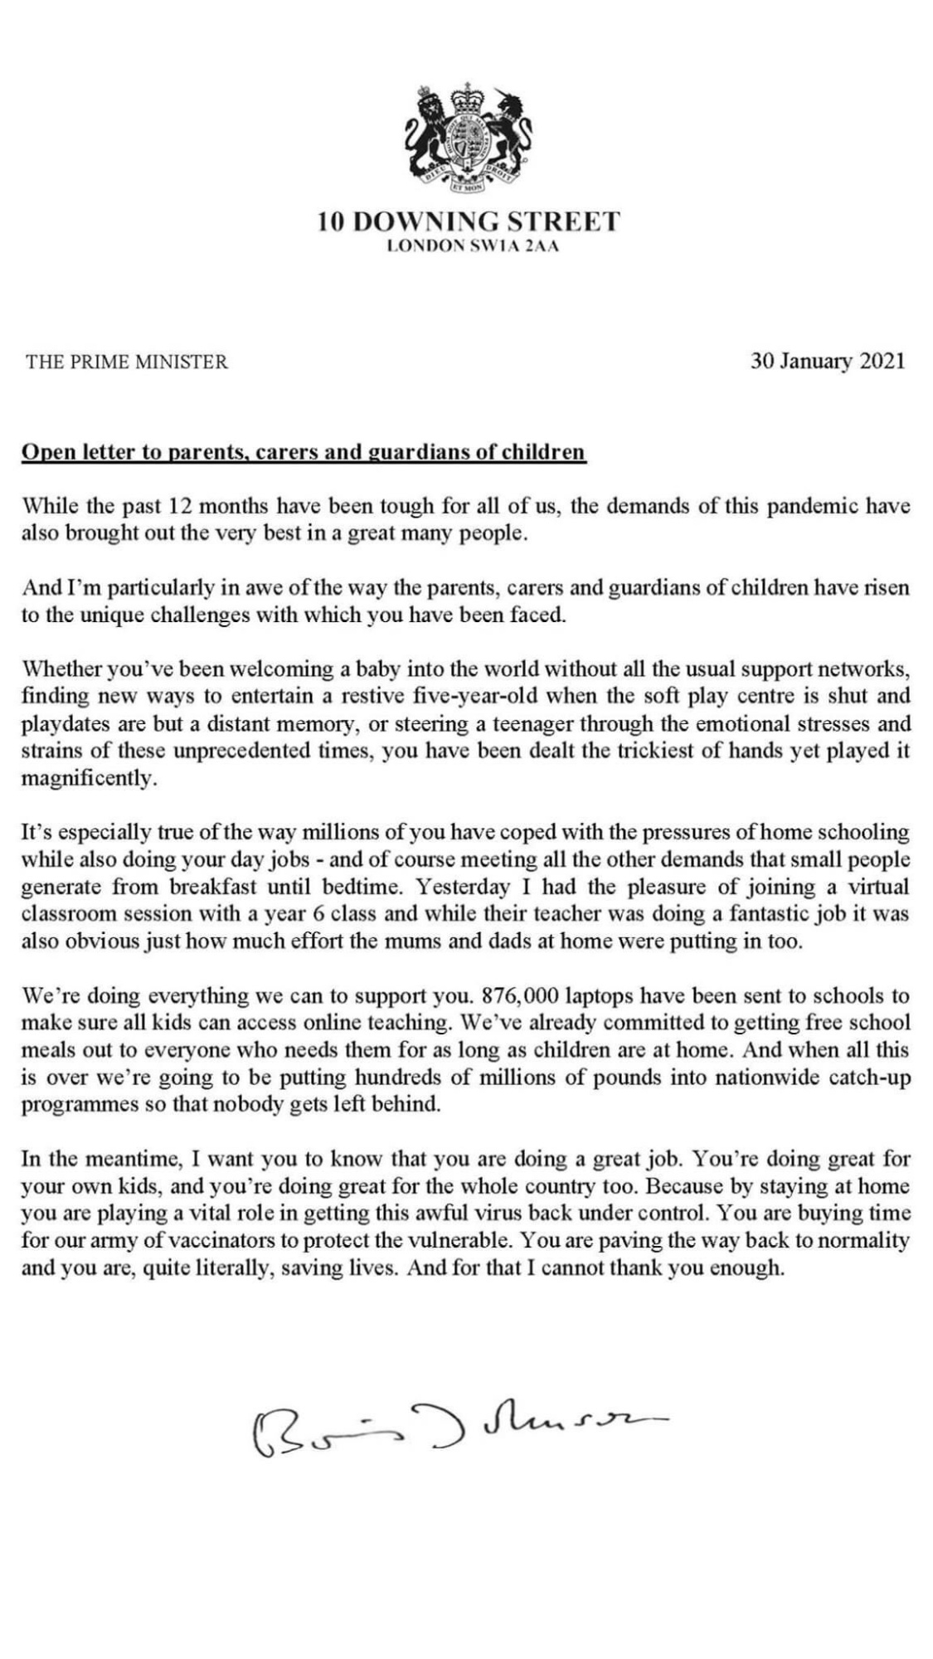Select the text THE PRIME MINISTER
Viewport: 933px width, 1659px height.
click(x=127, y=362)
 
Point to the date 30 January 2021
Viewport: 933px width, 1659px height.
click(x=827, y=362)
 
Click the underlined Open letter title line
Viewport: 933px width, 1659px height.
click(x=304, y=453)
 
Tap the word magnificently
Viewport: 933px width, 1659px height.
click(x=89, y=780)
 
